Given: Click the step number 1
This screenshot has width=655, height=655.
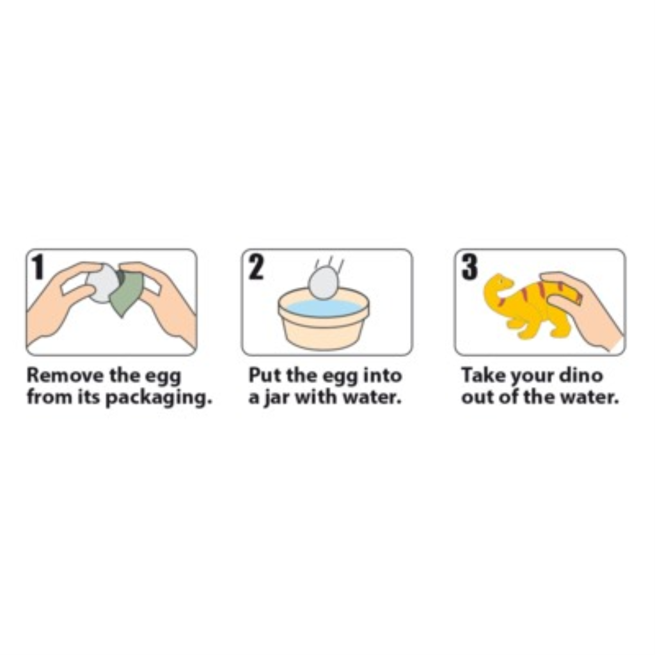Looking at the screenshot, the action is click(38, 267).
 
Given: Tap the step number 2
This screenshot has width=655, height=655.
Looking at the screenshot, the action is click(256, 267).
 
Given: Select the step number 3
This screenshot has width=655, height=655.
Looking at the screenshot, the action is click(470, 267).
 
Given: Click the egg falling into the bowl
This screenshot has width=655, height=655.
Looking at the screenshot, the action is click(322, 283).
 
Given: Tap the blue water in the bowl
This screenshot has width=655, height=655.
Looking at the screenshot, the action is click(324, 308).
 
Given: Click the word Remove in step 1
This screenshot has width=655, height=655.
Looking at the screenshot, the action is click(66, 375).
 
